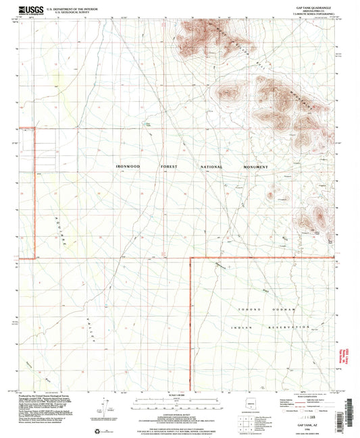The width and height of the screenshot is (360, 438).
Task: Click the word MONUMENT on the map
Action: [256, 167]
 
